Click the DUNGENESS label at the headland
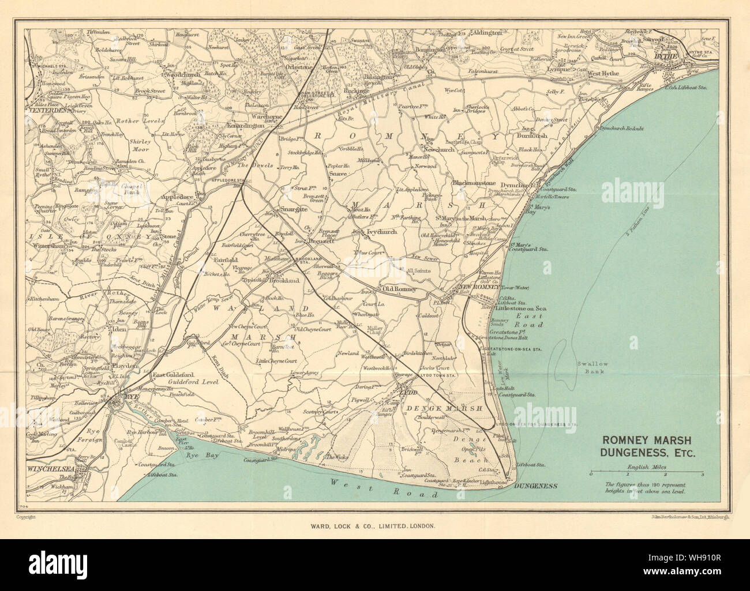(536, 486)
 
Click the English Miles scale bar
(646, 472)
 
